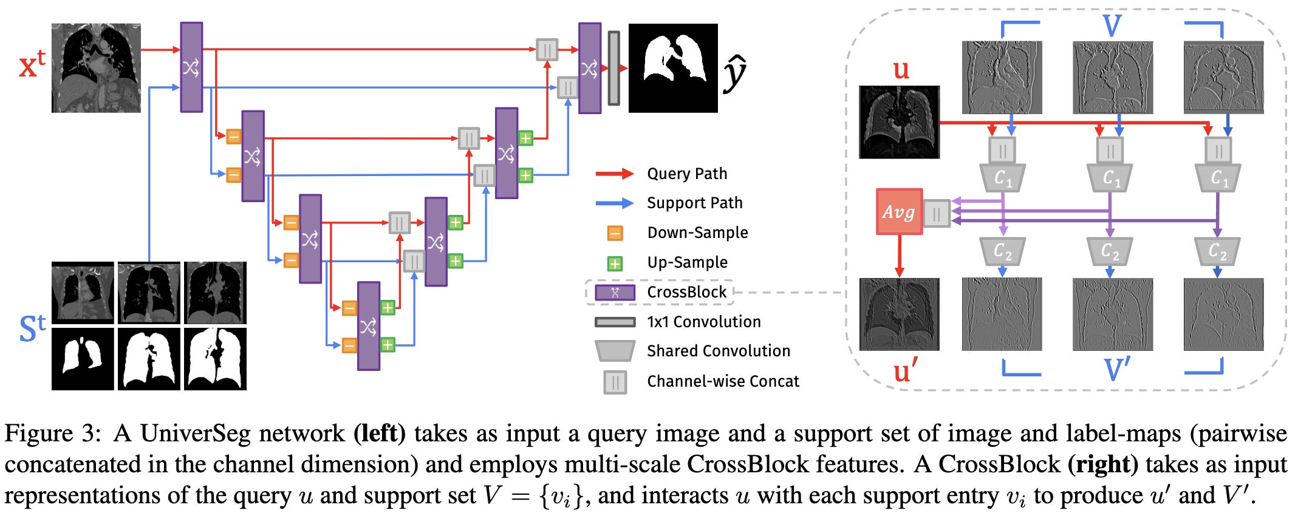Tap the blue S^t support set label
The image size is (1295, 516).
click(32, 328)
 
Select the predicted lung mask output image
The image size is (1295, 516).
click(673, 68)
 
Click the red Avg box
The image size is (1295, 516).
click(899, 212)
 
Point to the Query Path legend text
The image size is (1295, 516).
click(687, 174)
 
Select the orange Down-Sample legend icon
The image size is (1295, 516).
click(615, 233)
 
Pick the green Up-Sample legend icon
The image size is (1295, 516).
click(615, 263)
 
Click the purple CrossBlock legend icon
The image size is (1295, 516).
click(615, 293)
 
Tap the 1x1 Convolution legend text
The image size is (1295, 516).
click(704, 322)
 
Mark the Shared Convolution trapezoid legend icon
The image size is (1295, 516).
click(615, 351)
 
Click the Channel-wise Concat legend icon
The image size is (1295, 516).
click(615, 382)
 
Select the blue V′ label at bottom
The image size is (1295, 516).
click(1116, 370)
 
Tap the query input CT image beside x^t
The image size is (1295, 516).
click(96, 68)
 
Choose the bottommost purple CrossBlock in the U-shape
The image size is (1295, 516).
click(369, 326)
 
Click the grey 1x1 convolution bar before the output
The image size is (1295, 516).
click(613, 68)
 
